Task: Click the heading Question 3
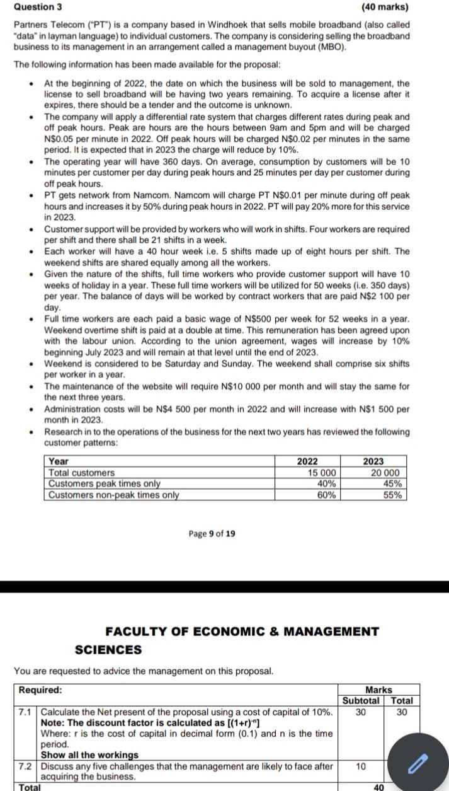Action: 38,8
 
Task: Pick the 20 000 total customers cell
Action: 385,473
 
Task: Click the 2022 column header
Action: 307,462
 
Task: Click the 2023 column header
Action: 373,462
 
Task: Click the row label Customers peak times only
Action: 105,483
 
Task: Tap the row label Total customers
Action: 82,473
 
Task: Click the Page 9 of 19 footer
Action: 212,534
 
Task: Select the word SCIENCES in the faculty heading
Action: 108,650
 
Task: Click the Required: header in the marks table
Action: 40,690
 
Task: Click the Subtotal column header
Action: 360,700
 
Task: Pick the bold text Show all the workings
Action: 89,755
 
